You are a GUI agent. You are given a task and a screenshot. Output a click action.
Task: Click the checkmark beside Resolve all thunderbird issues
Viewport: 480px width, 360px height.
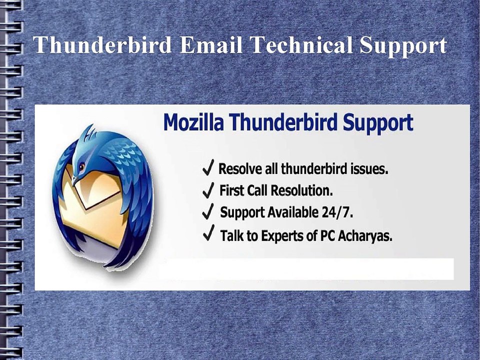point(209,168)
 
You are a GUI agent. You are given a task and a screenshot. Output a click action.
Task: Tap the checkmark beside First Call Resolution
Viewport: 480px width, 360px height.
point(209,190)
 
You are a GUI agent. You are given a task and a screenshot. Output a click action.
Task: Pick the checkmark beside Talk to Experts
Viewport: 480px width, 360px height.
point(209,234)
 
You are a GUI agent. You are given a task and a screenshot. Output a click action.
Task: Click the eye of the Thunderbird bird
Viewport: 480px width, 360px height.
point(81,166)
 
